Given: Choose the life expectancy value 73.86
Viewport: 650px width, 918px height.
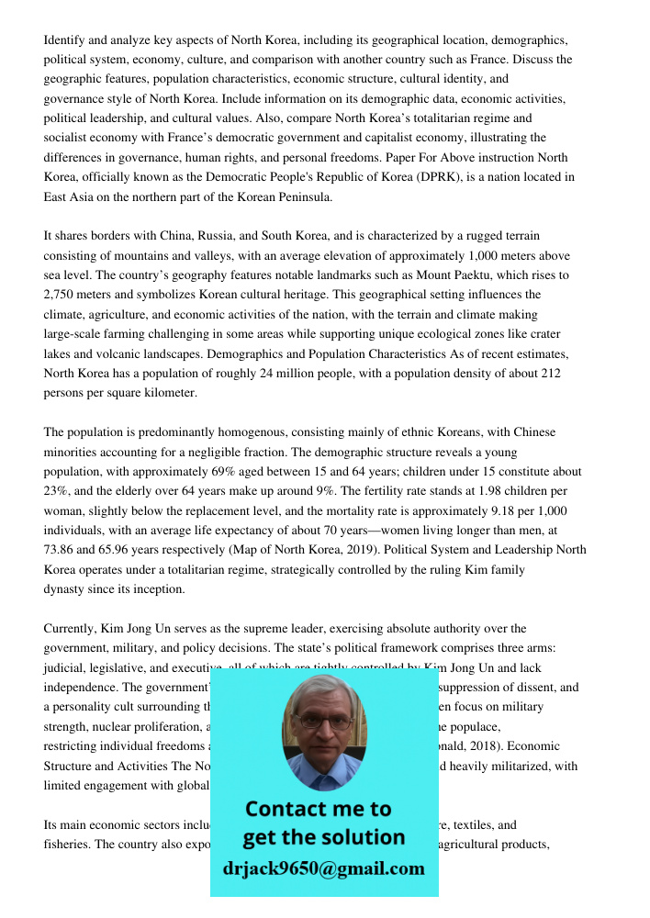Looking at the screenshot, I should (63, 550).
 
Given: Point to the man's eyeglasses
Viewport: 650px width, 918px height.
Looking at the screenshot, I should (324, 718).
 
